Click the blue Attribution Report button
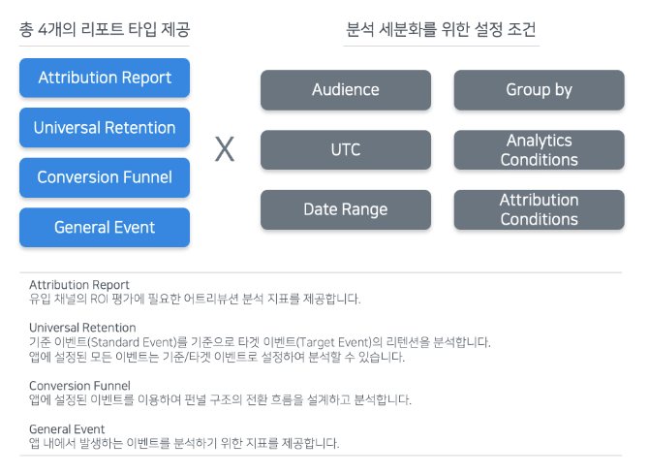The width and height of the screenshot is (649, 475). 105,78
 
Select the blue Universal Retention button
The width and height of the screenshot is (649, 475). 105,128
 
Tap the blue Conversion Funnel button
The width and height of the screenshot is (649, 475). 105,177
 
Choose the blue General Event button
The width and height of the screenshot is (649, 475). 105,228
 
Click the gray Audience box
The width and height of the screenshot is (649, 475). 346,90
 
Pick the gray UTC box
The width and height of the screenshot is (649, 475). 346,150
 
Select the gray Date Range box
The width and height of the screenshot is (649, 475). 346,209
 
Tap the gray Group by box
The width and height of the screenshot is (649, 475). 539,90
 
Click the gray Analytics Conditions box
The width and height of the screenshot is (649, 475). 539,150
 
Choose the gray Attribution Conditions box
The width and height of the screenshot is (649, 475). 539,209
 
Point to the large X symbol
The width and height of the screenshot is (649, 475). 225,149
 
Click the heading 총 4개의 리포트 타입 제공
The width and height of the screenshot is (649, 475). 105,29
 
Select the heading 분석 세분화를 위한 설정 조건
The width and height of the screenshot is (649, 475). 441,29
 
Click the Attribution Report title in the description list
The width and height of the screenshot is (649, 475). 79,285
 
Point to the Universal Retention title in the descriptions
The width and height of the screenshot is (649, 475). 82,328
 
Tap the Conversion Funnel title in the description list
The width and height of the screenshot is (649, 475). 79,386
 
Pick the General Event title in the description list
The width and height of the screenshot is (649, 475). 67,429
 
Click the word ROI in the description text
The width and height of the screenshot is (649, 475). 99,299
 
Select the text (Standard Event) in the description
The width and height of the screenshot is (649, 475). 132,342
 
